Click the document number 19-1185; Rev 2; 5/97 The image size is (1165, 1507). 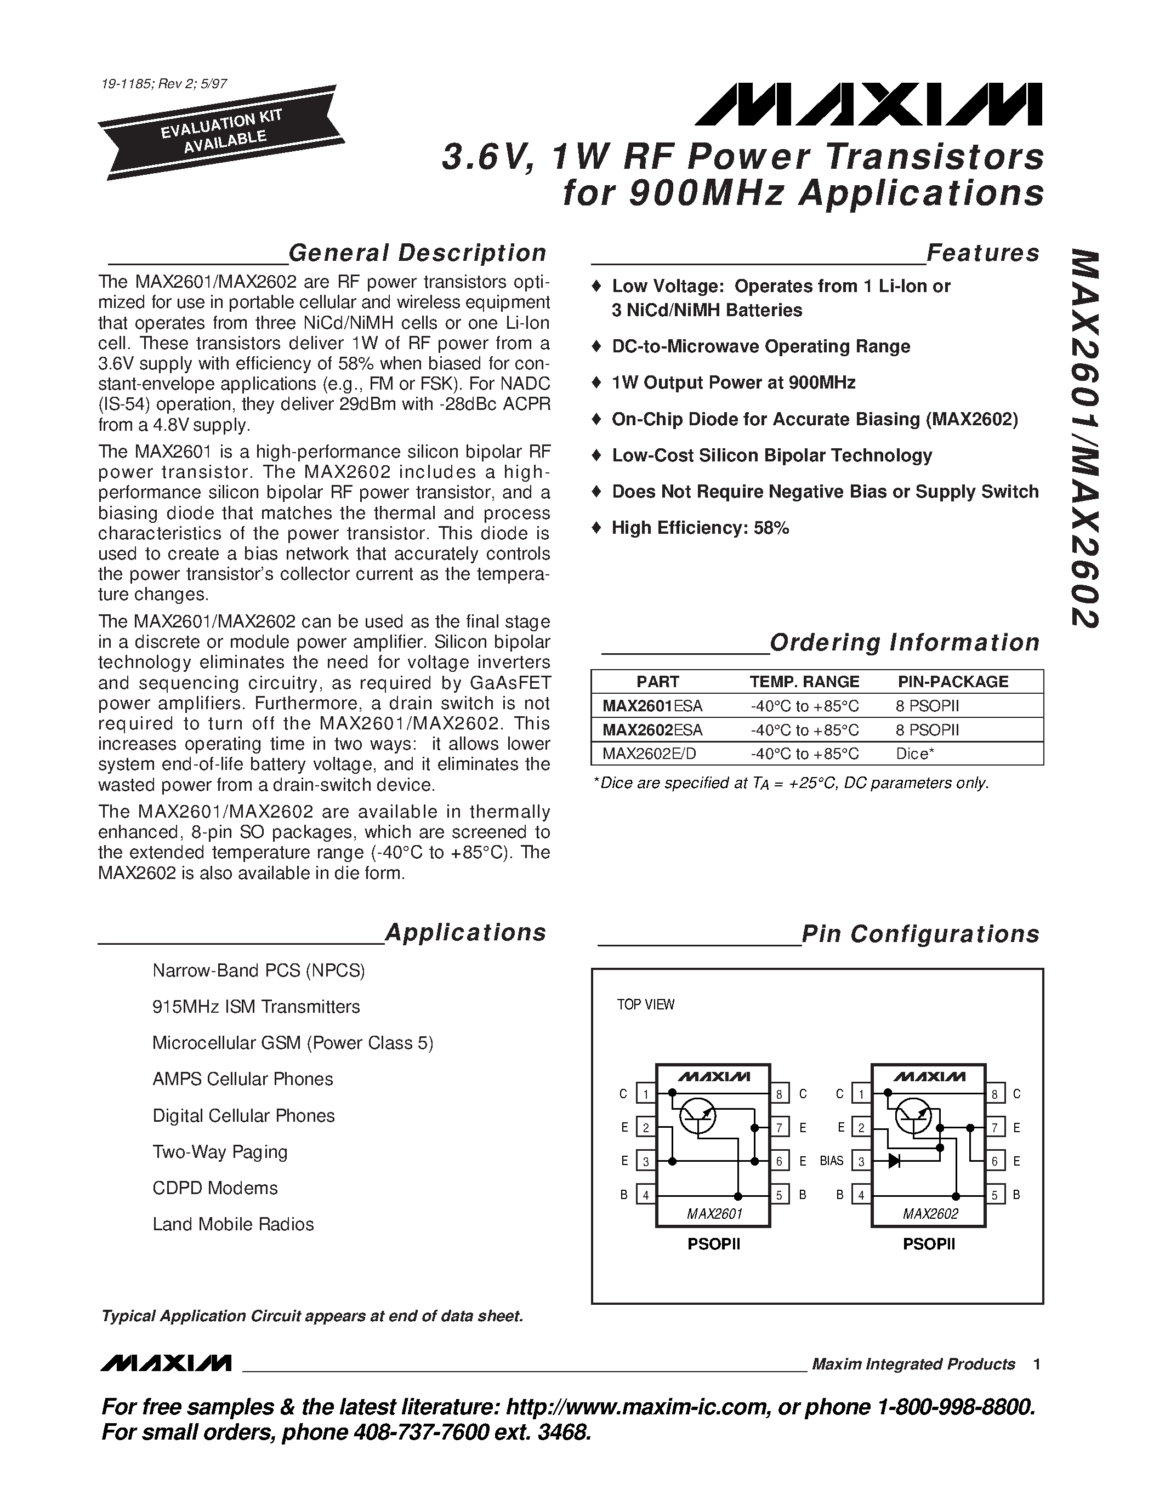pyautogui.click(x=163, y=84)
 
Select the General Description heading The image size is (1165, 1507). pyautogui.click(x=417, y=253)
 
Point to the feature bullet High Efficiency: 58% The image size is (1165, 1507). pyautogui.click(x=700, y=528)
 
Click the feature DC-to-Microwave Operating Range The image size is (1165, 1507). pyautogui.click(x=760, y=346)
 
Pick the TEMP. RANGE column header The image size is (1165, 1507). pyautogui.click(x=804, y=682)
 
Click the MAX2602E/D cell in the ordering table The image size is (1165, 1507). pyautogui.click(x=649, y=754)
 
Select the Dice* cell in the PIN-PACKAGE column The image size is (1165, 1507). pyautogui.click(x=914, y=754)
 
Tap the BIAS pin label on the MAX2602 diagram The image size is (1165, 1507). pyautogui.click(x=832, y=1161)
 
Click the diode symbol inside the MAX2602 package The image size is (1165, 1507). pyautogui.click(x=895, y=1161)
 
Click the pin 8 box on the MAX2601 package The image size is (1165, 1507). pyautogui.click(x=779, y=1094)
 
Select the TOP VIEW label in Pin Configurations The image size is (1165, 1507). pyautogui.click(x=645, y=1004)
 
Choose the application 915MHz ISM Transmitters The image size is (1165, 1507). pyautogui.click(x=256, y=1007)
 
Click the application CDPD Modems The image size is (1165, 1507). pyautogui.click(x=215, y=1188)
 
